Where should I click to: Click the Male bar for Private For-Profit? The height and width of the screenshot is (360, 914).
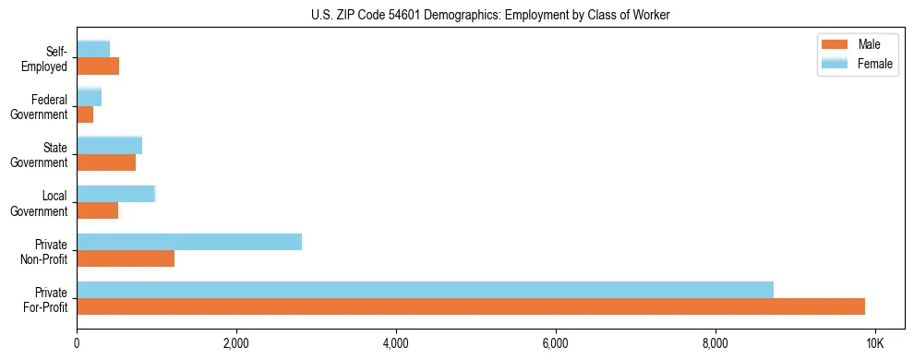click(x=471, y=306)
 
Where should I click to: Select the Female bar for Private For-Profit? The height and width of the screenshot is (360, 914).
click(x=425, y=290)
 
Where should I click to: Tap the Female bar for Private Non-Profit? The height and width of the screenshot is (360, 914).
click(x=189, y=242)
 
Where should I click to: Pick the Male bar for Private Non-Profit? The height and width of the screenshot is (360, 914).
click(x=126, y=258)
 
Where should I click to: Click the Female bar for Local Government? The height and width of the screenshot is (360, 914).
click(x=115, y=194)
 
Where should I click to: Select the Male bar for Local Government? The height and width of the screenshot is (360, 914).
click(x=97, y=210)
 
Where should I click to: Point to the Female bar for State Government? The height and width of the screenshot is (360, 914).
click(x=109, y=145)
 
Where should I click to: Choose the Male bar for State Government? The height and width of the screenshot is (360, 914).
click(x=106, y=162)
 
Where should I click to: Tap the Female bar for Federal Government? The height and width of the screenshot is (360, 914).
click(x=89, y=97)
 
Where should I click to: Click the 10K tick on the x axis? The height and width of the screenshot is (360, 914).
click(x=875, y=343)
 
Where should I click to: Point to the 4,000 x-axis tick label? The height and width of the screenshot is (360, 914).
click(x=396, y=343)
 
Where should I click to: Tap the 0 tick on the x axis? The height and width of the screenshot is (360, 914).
click(x=77, y=343)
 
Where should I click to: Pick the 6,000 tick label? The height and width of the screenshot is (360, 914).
click(x=556, y=343)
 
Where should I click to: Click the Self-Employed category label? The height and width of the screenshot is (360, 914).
click(x=48, y=58)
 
